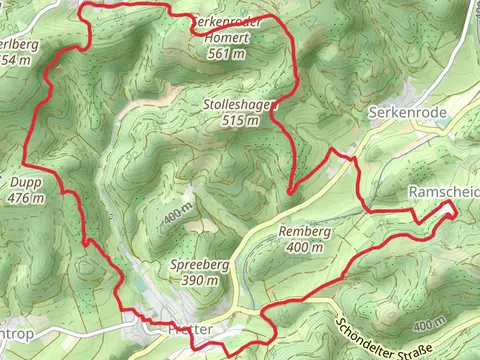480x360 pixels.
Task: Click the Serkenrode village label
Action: pos(400,113)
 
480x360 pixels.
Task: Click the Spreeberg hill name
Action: pos(194,265)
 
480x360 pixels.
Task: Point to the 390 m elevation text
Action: pos(196,281)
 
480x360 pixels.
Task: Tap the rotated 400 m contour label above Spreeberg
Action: pos(175,214)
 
